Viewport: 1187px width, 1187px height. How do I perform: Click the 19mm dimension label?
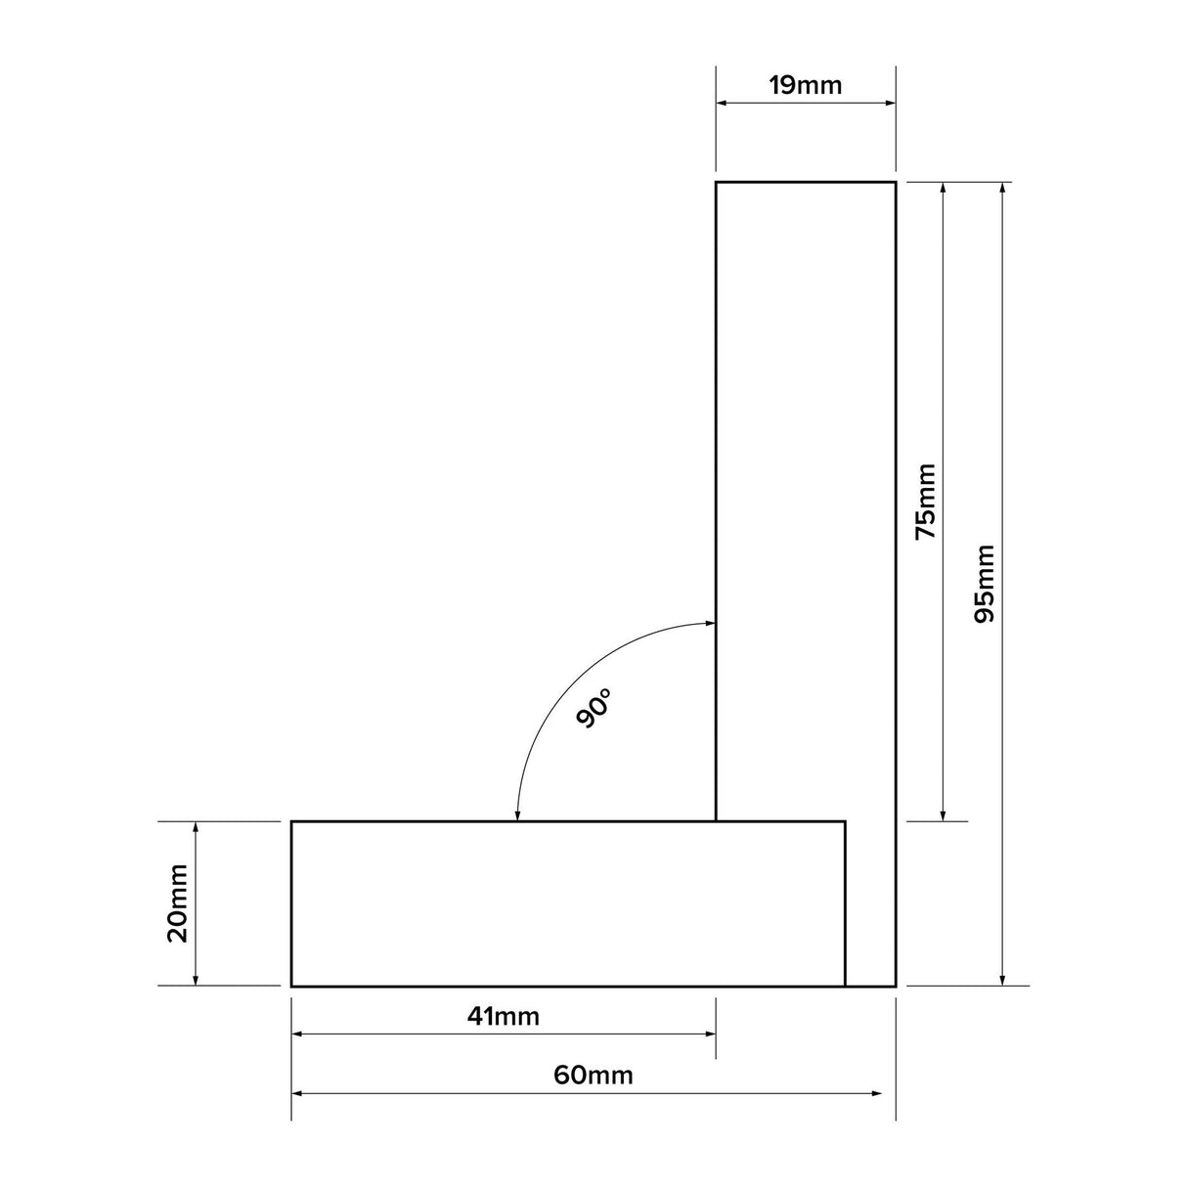point(805,85)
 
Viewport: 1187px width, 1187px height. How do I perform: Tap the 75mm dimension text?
point(925,502)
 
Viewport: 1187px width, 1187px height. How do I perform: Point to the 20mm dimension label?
point(178,902)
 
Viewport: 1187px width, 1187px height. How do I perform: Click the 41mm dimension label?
point(503,1016)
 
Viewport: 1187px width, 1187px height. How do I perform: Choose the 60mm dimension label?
point(593,1076)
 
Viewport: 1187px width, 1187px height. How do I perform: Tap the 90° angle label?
point(594,707)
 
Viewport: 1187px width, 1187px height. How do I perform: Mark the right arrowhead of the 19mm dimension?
point(890,103)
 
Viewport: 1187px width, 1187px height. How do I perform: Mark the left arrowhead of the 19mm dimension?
point(722,103)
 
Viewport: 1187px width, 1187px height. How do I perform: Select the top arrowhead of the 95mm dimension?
point(1002,188)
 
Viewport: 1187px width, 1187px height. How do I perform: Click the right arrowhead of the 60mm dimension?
point(877,1093)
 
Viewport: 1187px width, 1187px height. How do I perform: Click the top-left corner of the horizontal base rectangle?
point(292,822)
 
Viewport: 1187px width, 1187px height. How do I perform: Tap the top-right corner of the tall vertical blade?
point(896,182)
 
